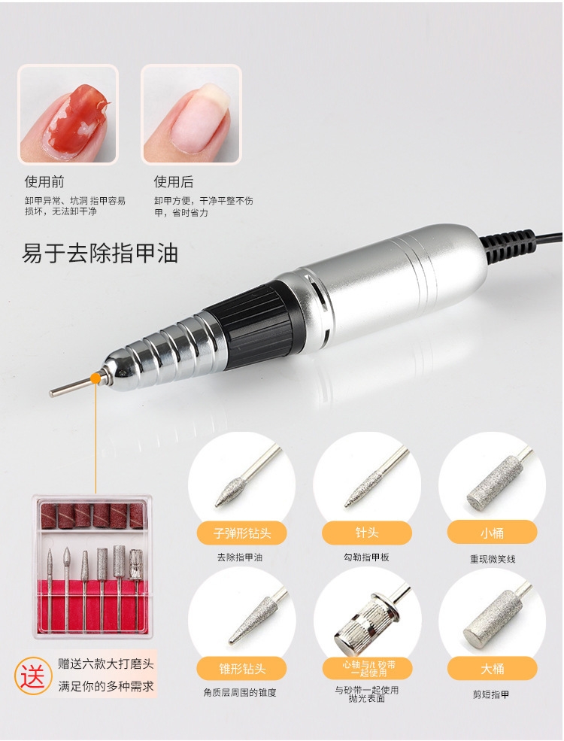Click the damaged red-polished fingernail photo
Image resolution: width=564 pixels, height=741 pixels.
pyautogui.click(x=68, y=114)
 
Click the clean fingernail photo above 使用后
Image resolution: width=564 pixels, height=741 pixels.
pyautogui.click(x=191, y=114)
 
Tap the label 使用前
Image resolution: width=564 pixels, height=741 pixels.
pyautogui.click(x=44, y=182)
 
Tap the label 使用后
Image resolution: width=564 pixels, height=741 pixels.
pyautogui.click(x=174, y=182)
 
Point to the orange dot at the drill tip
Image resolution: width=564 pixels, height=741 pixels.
pyautogui.click(x=96, y=378)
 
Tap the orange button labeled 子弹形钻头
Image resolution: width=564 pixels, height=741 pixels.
pyautogui.click(x=242, y=533)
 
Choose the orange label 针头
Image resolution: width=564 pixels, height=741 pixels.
pyautogui.click(x=366, y=533)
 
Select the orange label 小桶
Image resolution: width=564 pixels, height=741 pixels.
pyautogui.click(x=492, y=533)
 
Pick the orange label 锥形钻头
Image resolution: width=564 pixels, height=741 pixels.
pyautogui.click(x=242, y=669)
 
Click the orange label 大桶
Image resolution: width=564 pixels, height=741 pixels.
pyautogui.click(x=492, y=669)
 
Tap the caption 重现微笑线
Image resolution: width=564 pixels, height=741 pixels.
pyautogui.click(x=493, y=559)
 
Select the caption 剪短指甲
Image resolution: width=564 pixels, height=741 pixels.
pyautogui.click(x=491, y=694)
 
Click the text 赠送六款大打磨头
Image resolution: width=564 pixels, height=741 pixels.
pyautogui.click(x=106, y=664)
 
